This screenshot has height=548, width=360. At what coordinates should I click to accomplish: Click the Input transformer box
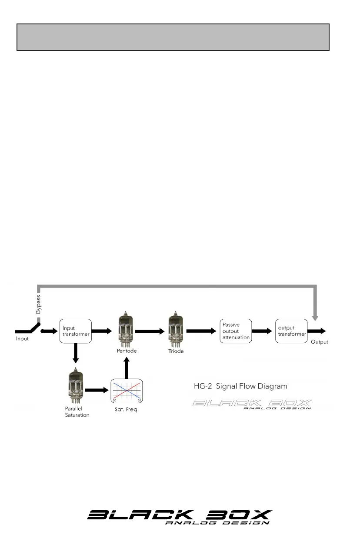(x=76, y=331)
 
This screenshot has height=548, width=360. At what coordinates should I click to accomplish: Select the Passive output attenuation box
(x=236, y=331)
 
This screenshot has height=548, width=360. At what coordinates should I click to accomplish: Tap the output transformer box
(x=291, y=331)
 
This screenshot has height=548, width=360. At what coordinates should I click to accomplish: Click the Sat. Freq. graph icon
(x=127, y=390)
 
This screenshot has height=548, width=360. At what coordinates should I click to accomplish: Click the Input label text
(x=22, y=339)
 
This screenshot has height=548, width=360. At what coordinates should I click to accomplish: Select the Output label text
(x=319, y=342)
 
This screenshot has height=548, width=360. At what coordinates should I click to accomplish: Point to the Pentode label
(x=127, y=351)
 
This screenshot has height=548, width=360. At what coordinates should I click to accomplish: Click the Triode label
(x=176, y=351)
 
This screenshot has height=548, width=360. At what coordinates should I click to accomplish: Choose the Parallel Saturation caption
(x=77, y=412)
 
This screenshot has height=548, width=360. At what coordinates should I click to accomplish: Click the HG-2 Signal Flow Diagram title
(x=240, y=386)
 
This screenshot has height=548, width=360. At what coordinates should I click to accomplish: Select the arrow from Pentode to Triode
(x=150, y=331)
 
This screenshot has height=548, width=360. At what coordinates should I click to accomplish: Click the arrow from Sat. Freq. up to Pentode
(x=127, y=368)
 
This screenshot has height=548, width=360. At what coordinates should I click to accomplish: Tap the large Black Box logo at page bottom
(x=180, y=518)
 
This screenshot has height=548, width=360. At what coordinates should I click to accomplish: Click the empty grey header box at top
(x=173, y=37)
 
